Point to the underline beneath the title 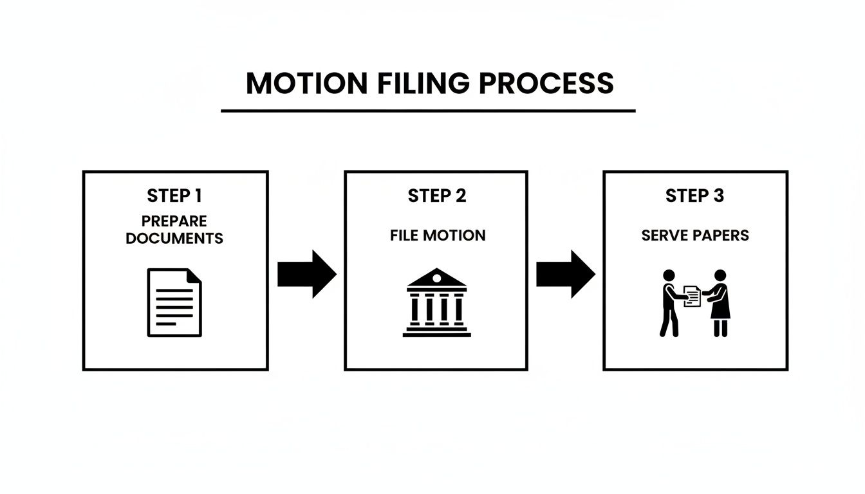pos(428,111)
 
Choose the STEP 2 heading pos(437,196)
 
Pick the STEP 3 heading pos(694,196)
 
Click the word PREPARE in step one pos(174,221)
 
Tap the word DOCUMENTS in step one pos(174,239)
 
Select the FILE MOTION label pos(437,235)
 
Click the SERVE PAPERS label pos(694,235)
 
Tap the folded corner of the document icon pos(194,275)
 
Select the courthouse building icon pos(437,302)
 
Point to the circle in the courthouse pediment pos(437,277)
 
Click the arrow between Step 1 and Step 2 pos(306,274)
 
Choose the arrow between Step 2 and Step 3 pos(565,274)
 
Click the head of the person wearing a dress pos(720,275)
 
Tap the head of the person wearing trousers pos(669,275)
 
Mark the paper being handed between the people pos(692,296)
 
